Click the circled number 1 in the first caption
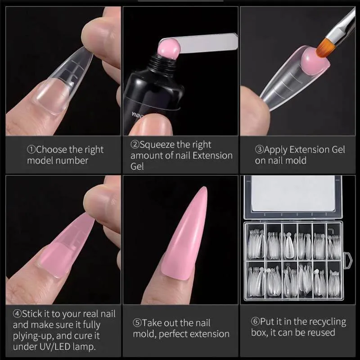click(x=31, y=150)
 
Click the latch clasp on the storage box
click(x=347, y=261)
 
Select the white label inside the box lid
click(x=293, y=193)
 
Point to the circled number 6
click(x=255, y=321)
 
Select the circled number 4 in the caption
click(x=17, y=314)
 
